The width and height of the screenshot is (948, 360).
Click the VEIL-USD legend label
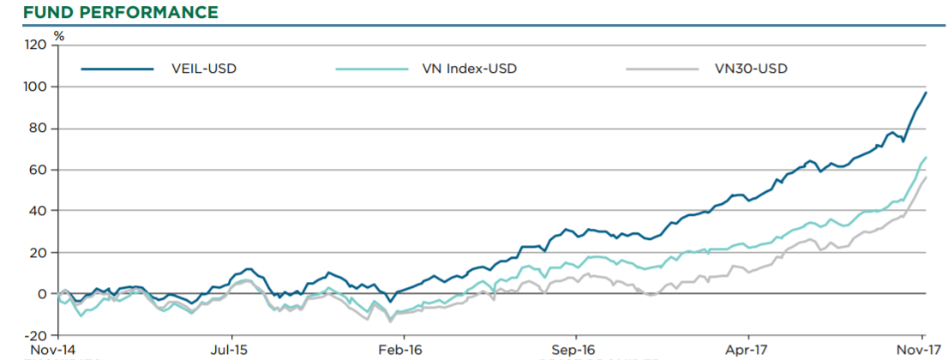click(204, 69)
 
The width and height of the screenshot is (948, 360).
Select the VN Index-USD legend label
click(470, 69)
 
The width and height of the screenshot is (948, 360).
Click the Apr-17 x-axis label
click(748, 350)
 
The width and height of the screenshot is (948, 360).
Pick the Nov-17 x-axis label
click(921, 350)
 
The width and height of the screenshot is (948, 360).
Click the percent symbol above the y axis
click(58, 35)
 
